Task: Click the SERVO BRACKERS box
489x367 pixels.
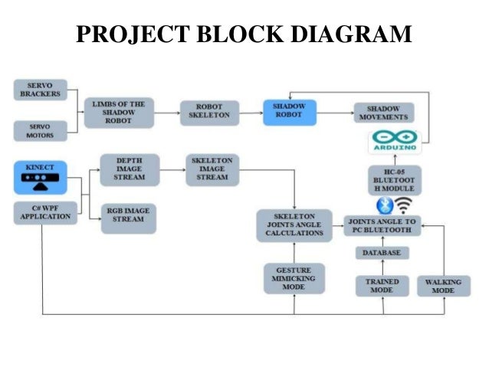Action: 41,90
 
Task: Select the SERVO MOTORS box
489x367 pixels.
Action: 41,130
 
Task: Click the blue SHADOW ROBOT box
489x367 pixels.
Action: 288,112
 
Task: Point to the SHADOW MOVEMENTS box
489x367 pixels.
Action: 383,113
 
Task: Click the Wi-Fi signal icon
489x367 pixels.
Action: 404,205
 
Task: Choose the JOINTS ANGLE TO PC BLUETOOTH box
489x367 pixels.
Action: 381,225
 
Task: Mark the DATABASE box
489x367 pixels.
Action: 381,253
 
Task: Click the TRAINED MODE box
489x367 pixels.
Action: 382,286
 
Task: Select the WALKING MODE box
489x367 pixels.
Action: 443,286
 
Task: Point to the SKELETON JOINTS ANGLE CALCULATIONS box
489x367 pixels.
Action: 294,225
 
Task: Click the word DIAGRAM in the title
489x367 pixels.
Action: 349,34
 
